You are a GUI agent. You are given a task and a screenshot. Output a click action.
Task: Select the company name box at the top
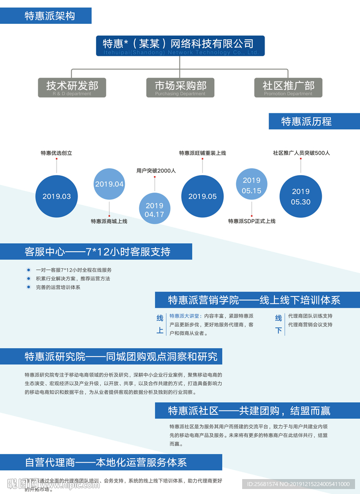(x=180, y=45)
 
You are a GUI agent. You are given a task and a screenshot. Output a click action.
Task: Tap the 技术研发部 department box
(x=72, y=87)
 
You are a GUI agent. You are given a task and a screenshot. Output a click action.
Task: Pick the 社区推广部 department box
(x=288, y=87)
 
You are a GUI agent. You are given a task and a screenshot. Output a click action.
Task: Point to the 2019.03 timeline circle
(x=57, y=196)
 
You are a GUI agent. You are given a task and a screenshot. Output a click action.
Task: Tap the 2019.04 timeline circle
(x=109, y=184)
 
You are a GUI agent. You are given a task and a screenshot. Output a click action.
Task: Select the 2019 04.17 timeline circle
(x=154, y=209)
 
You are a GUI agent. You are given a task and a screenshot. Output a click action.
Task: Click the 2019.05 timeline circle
(x=202, y=196)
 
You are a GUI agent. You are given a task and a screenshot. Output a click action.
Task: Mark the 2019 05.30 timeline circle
(x=300, y=196)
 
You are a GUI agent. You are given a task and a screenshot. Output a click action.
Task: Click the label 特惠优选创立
(x=56, y=153)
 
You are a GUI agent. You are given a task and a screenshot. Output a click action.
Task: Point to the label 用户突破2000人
(x=156, y=171)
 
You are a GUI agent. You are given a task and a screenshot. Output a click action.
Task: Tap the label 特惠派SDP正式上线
(x=252, y=221)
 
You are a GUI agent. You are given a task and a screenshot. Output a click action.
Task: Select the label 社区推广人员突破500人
(x=301, y=153)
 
